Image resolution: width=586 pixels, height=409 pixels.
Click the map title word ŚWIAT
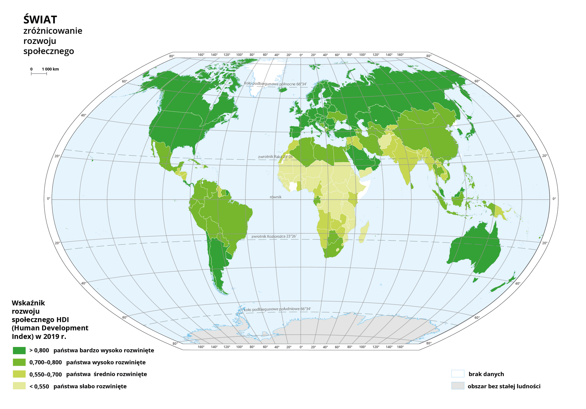(x=40, y=20)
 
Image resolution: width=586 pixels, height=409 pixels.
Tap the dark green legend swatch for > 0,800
(x=19, y=350)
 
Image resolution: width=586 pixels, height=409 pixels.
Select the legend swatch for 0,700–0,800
(x=19, y=362)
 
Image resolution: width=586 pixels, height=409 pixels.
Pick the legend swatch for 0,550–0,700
(x=19, y=374)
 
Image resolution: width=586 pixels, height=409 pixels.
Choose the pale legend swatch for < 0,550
(x=19, y=386)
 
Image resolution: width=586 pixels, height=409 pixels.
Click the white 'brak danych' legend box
(x=458, y=374)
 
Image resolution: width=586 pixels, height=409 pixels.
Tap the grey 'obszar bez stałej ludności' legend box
(x=458, y=386)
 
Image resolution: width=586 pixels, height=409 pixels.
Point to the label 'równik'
(x=275, y=197)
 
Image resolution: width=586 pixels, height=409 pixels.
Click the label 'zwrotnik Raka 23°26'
(x=275, y=157)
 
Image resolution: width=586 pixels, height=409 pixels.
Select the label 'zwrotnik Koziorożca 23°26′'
(x=274, y=237)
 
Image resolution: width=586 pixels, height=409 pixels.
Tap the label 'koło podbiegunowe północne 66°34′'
(x=275, y=84)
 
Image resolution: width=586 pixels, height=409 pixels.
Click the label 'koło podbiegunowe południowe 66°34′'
(x=277, y=309)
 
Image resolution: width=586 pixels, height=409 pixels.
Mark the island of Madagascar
(x=364, y=232)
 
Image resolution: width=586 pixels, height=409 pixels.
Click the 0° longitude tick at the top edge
(x=301, y=55)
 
